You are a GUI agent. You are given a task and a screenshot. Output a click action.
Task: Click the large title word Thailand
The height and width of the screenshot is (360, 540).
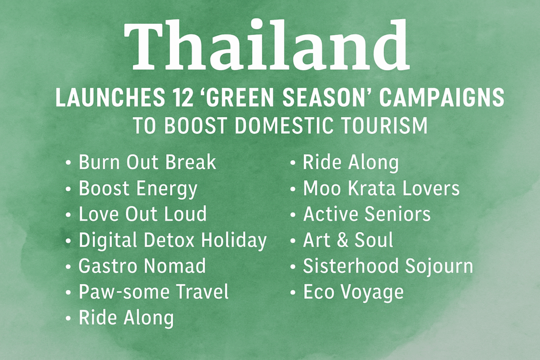coord(266,47)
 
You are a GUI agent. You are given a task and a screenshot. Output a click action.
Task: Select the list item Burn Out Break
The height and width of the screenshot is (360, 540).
coord(147,162)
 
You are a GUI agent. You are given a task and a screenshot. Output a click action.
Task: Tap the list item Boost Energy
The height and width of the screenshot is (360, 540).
coord(138,188)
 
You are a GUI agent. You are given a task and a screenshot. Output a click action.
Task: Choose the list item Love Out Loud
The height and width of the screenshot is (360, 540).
coord(142,214)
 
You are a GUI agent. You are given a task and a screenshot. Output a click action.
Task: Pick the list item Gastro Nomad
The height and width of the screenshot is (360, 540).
coord(142,266)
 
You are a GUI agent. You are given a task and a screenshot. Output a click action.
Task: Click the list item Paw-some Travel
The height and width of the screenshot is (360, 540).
coord(153,291)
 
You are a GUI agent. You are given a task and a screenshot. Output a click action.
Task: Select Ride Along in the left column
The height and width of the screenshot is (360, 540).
coord(126,317)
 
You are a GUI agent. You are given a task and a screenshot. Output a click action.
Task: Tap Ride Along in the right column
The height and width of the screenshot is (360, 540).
coord(350,162)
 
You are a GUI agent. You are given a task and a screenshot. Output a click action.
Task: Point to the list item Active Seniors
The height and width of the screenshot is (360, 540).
coord(367,214)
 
